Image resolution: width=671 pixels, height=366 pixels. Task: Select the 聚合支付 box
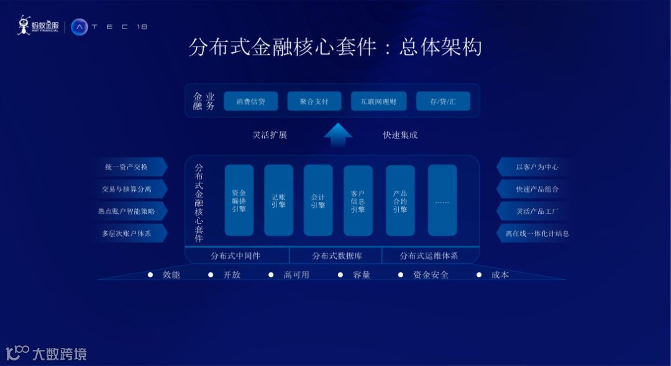click(314, 101)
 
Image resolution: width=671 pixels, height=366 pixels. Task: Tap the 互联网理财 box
click(378, 101)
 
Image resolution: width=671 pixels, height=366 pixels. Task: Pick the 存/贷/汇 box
click(443, 101)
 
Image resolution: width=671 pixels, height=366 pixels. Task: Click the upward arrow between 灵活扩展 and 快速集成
click(337, 134)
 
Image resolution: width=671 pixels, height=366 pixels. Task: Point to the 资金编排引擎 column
click(239, 200)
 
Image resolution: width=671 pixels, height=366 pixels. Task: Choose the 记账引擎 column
click(278, 200)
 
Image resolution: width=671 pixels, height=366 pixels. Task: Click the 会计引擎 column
click(318, 200)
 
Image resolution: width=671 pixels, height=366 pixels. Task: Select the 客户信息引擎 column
click(358, 200)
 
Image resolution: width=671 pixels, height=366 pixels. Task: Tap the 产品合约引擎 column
click(400, 200)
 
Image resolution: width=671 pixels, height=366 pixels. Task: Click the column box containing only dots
click(442, 200)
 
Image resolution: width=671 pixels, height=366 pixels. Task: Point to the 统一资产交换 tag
click(129, 167)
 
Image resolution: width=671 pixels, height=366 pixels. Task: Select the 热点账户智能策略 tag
click(129, 211)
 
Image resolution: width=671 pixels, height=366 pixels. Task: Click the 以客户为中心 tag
click(534, 167)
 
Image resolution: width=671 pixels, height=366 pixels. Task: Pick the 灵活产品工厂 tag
click(534, 211)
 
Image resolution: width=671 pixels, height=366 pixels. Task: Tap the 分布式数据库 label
click(337, 255)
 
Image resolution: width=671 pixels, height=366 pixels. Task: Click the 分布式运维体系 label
click(429, 255)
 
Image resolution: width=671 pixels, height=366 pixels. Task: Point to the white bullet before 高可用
click(271, 275)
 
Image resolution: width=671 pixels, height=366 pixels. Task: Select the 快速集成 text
click(400, 135)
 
